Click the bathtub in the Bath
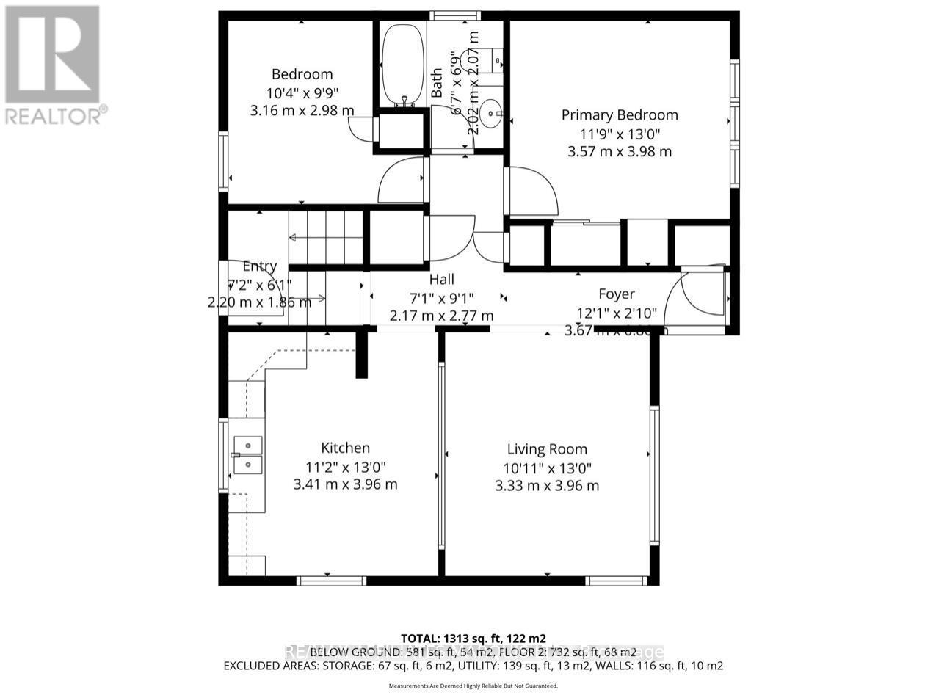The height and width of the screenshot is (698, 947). click(402, 65)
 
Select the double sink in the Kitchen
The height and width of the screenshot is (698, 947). click(247, 455)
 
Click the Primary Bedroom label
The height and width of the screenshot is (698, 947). click(620, 115)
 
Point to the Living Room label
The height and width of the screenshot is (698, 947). click(547, 449)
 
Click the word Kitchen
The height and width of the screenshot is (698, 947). click(345, 448)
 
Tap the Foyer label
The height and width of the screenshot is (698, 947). click(616, 294)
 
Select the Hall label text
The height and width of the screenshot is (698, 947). click(441, 280)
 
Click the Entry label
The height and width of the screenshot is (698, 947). click(259, 267)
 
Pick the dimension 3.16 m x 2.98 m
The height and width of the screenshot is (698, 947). click(302, 111)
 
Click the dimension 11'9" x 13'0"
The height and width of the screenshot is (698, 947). click(620, 134)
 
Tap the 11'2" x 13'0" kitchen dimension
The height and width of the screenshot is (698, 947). click(344, 466)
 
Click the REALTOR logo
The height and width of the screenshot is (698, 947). click(53, 63)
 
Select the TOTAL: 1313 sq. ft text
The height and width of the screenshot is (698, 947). click(473, 639)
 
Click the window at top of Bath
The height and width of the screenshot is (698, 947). click(465, 15)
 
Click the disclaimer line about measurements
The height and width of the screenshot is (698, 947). click(473, 686)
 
